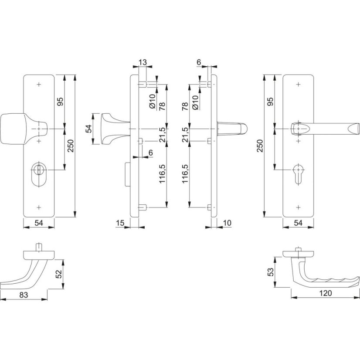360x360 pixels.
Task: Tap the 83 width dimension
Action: click(x=24, y=295)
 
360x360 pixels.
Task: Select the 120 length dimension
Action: click(x=325, y=293)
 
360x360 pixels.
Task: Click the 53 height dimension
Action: click(x=271, y=272)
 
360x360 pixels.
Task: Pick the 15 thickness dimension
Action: click(x=121, y=223)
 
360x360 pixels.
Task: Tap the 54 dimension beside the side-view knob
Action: click(x=88, y=129)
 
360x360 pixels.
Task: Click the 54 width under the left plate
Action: click(x=38, y=223)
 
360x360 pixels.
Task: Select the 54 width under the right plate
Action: click(x=298, y=223)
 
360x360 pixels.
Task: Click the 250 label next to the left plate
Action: click(x=71, y=145)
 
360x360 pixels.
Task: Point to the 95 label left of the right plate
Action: click(x=270, y=102)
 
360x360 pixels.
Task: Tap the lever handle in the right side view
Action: click(x=233, y=129)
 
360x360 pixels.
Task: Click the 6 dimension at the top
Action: click(x=199, y=62)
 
